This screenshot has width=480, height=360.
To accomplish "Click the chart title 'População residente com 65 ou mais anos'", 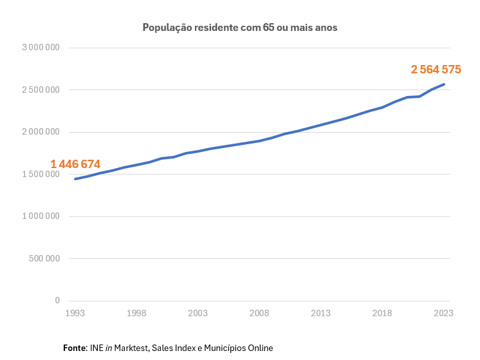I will [x=240, y=28].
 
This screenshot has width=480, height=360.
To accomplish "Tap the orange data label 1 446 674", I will [x=75, y=164].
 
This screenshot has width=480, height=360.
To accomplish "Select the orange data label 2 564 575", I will [x=436, y=70].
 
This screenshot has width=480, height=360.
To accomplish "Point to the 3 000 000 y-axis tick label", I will [x=41, y=48].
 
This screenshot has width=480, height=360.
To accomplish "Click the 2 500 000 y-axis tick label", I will [x=41, y=90].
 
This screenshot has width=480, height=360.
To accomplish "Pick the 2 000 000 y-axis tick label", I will [x=41, y=132].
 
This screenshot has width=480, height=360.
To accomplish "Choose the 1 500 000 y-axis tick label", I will [x=41, y=175].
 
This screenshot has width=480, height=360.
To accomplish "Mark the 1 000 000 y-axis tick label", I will [x=41, y=216].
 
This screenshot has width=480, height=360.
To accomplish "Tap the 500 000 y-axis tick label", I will [x=44, y=259].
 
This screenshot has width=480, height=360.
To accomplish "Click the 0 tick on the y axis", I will [x=57, y=301].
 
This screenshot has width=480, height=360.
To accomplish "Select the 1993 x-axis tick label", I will [x=75, y=313].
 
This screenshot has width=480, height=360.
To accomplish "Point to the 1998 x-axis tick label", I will [x=136, y=313].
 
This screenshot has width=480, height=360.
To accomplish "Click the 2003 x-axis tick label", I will [x=198, y=313].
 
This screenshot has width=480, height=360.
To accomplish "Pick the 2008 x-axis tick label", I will [x=259, y=313].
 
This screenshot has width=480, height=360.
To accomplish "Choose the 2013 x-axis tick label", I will [x=320, y=313].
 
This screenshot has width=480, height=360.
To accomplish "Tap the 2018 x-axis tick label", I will [x=382, y=313].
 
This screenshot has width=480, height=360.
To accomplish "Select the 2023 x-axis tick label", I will [x=443, y=313].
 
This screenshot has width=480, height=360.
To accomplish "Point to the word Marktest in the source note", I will [x=132, y=348].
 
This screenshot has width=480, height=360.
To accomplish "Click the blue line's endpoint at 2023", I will [x=444, y=84].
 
